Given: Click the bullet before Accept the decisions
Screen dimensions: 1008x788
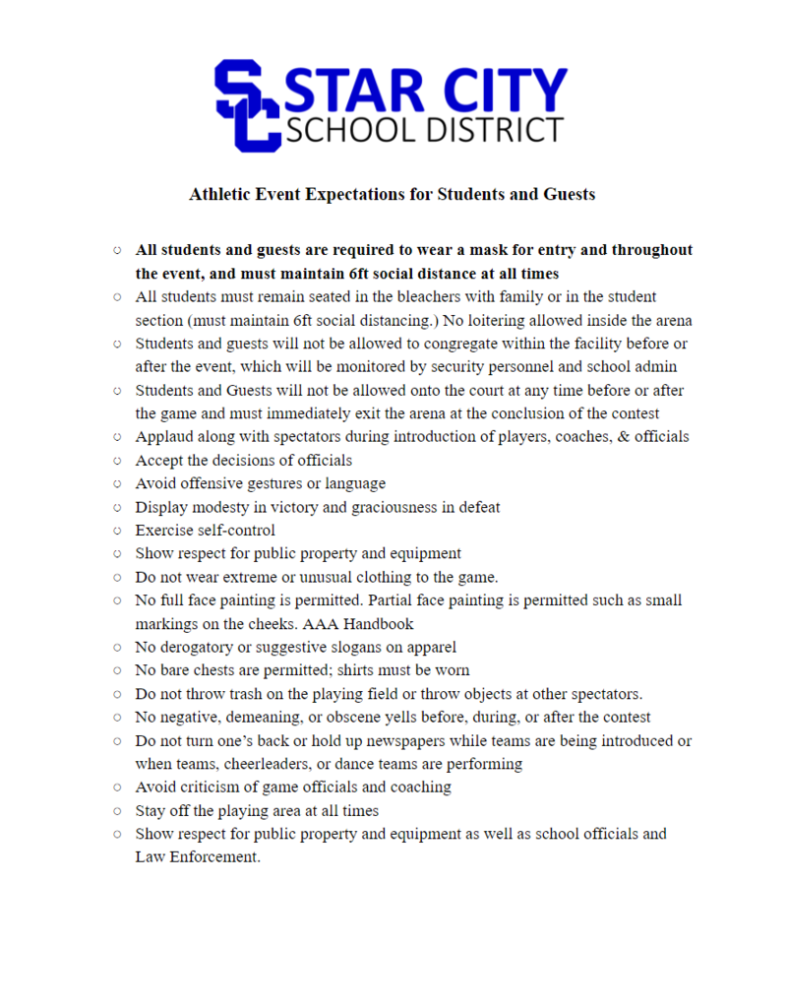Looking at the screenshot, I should pos(117,461).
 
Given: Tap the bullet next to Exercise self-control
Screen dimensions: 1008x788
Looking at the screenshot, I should pos(117,531).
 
